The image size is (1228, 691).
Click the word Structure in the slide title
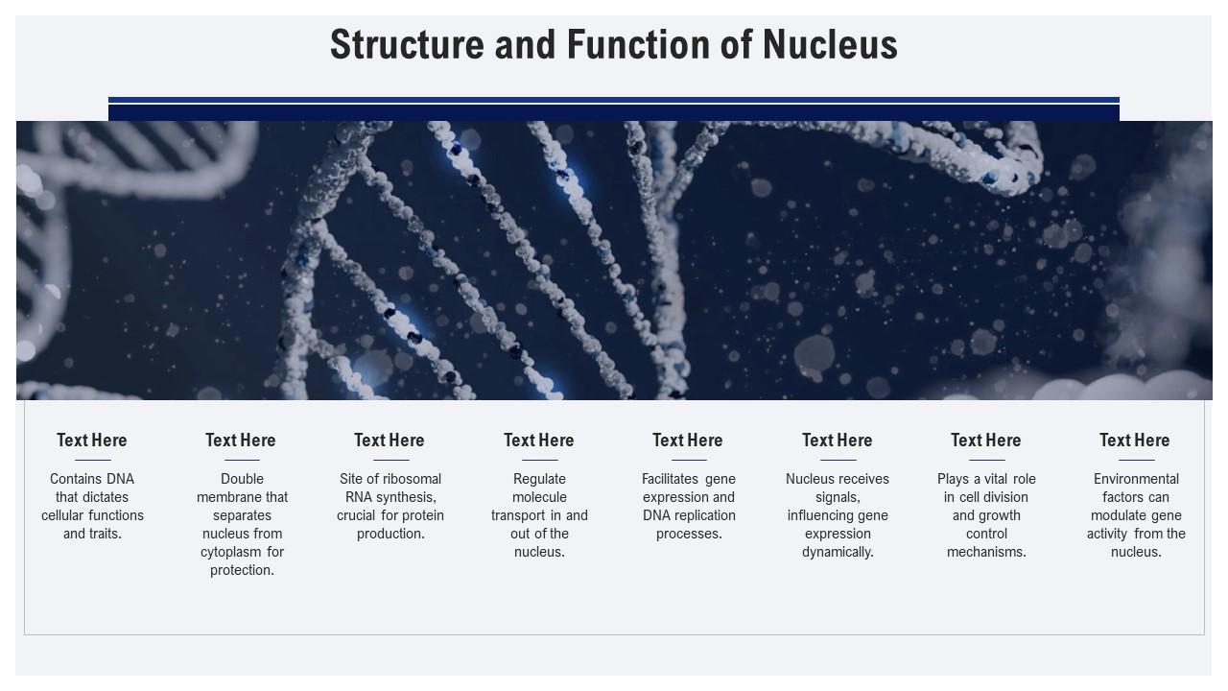pyautogui.click(x=409, y=45)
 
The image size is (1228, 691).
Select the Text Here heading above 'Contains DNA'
pyautogui.click(x=92, y=441)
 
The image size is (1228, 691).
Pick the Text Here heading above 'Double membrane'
pyautogui.click(x=241, y=441)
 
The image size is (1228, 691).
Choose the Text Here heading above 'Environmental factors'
pyautogui.click(x=1135, y=441)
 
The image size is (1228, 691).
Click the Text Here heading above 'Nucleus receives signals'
pyautogui.click(x=838, y=441)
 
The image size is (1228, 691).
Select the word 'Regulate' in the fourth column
pyautogui.click(x=540, y=479)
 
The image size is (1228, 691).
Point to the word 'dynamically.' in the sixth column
pyautogui.click(x=838, y=552)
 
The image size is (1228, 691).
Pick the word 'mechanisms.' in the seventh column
pyautogui.click(x=986, y=552)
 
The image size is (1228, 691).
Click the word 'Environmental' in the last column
pyautogui.click(x=1136, y=479)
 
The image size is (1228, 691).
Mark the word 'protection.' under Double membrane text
pyautogui.click(x=242, y=570)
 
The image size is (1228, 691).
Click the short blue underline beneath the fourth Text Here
pyautogui.click(x=540, y=460)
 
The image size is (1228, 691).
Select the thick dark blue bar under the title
pyautogui.click(x=614, y=112)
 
